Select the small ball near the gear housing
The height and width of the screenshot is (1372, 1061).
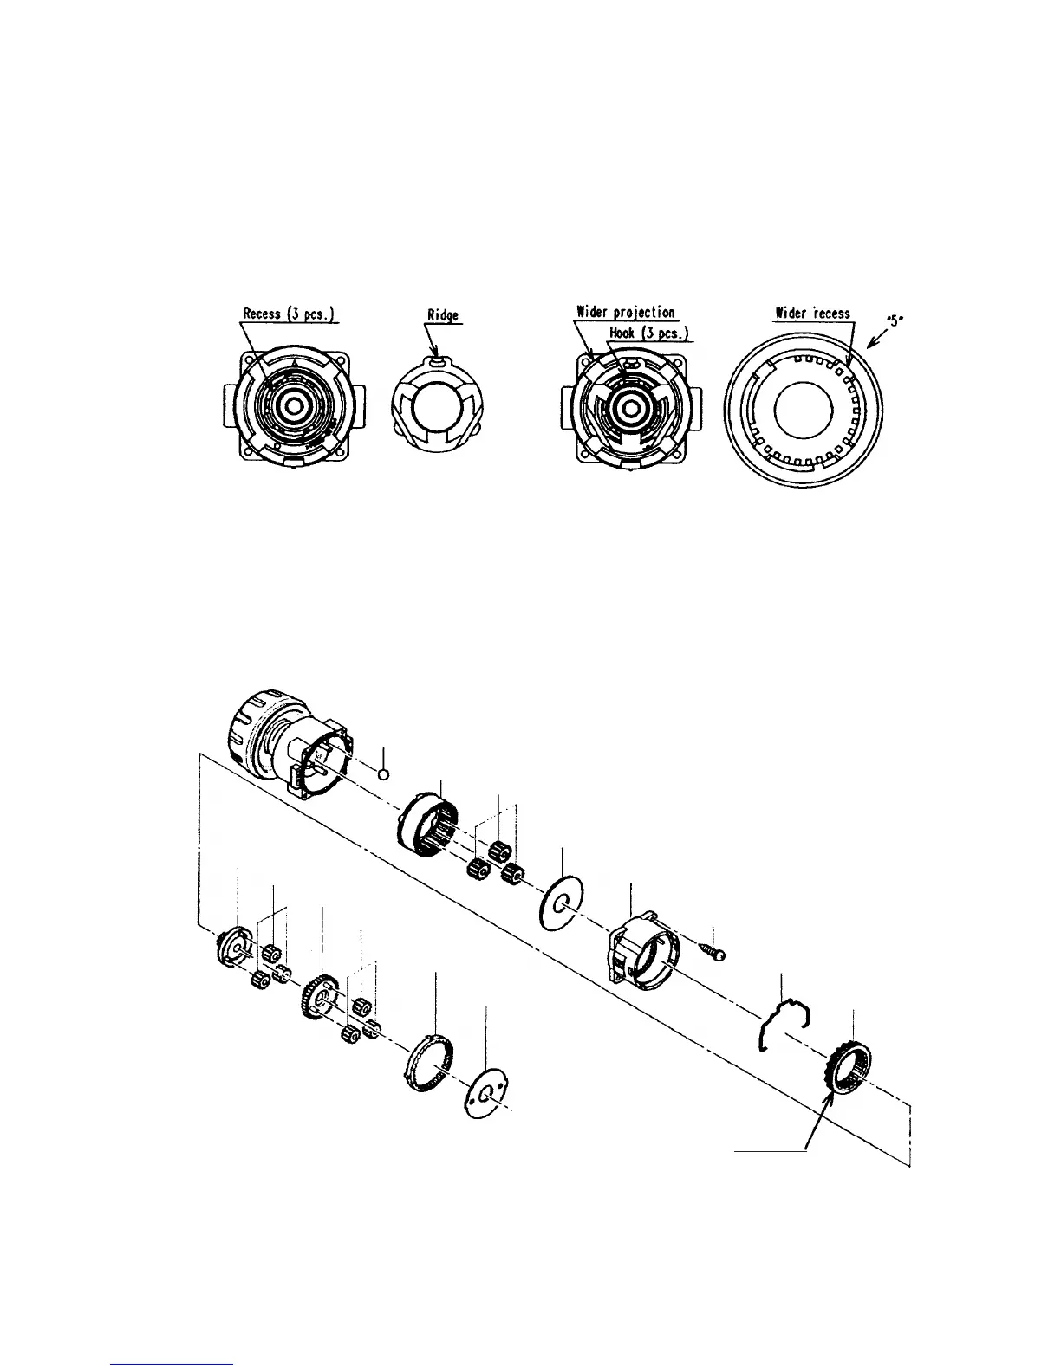(x=386, y=773)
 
